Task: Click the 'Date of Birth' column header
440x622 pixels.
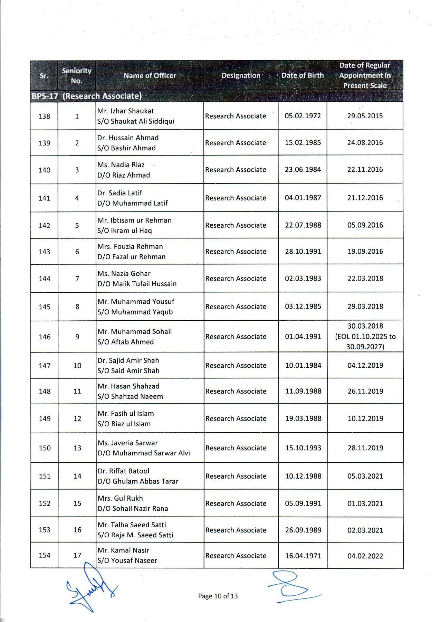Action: point(303,75)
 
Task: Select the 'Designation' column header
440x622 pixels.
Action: point(241,75)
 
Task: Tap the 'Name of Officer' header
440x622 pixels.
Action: point(150,75)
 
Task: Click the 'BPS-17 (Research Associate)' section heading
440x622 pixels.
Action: point(87,96)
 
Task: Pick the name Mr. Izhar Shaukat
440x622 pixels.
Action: point(126,111)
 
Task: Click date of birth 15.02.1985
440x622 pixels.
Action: point(303,143)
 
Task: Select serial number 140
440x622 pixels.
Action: point(44,170)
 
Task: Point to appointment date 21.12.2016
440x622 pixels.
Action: point(365,198)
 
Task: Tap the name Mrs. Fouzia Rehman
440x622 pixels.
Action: point(130,246)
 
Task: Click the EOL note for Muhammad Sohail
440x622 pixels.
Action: point(365,342)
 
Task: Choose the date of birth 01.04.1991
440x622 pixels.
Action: point(303,337)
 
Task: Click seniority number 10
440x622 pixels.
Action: point(77,366)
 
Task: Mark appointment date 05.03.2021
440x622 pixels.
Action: point(365,476)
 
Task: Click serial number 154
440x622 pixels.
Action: point(45,555)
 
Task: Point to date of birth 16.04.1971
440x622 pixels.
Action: point(303,556)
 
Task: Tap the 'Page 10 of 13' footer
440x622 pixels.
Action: point(218,596)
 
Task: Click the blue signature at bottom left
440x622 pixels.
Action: point(90,587)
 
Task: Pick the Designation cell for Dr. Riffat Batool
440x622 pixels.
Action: point(236,476)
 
